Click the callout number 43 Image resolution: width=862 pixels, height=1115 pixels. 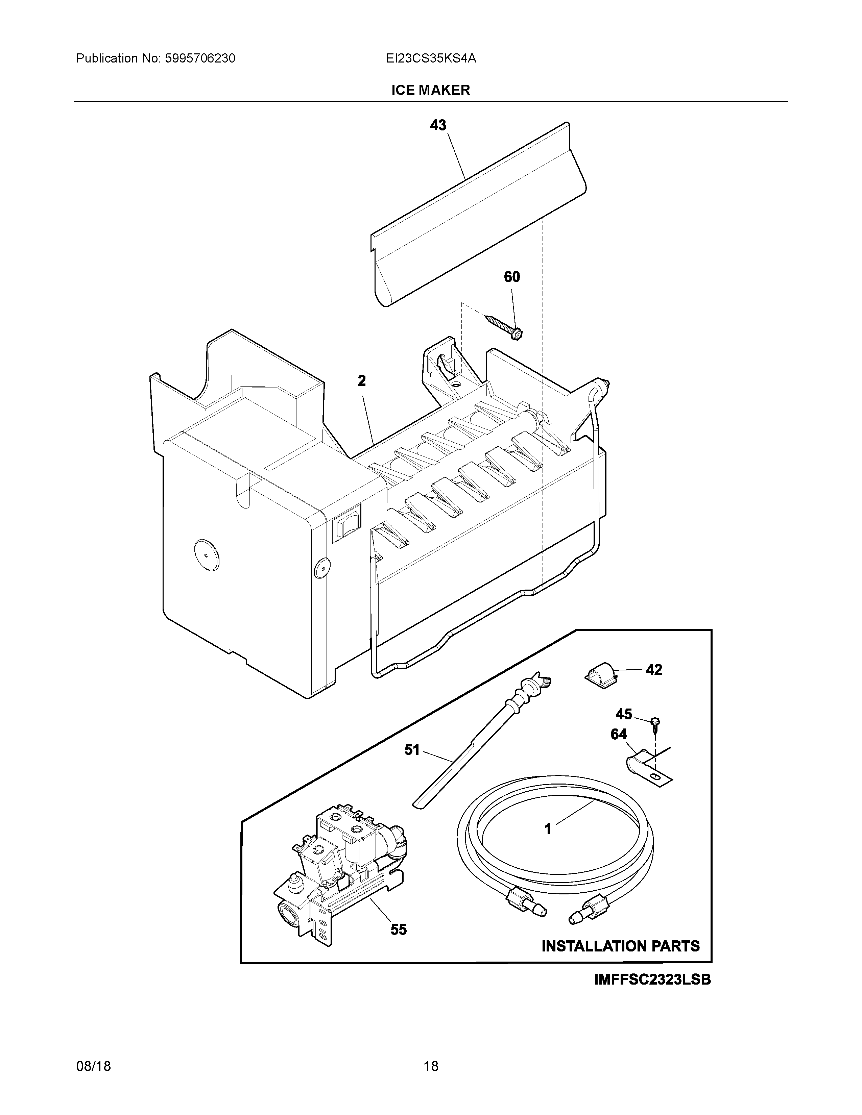tap(438, 125)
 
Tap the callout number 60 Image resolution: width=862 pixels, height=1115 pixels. tap(512, 277)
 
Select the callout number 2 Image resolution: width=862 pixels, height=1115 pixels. tap(362, 380)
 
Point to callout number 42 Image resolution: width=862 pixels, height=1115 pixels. tap(654, 669)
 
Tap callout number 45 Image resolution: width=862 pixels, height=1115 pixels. tap(624, 714)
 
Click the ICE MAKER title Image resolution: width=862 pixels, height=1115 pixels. tap(430, 90)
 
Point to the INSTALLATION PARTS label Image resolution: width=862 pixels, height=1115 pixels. tap(620, 946)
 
